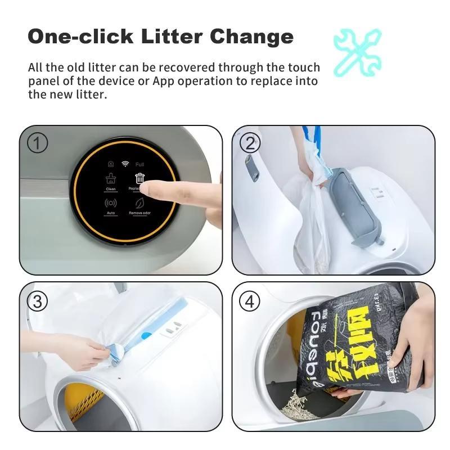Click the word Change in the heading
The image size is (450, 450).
(251, 37)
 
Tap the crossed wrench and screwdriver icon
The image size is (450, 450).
(357, 52)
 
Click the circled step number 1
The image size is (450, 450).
(38, 143)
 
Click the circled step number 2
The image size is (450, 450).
(250, 143)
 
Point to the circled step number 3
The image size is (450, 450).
(38, 301)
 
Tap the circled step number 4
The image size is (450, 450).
(250, 301)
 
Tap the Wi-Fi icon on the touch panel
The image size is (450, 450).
(125, 164)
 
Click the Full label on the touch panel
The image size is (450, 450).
(139, 164)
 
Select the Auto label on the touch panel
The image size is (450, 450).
(111, 213)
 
